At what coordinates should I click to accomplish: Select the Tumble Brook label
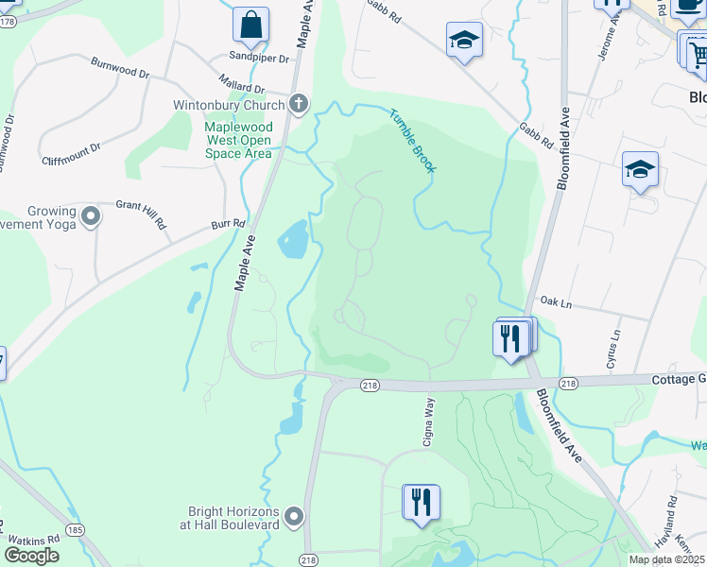412,140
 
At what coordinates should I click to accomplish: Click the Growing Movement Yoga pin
91,217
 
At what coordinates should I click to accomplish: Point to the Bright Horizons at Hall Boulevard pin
294,516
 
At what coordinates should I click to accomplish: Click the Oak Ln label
556,301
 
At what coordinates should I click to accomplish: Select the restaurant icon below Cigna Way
421,502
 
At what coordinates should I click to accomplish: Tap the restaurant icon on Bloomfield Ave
510,338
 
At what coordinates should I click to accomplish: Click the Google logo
31,556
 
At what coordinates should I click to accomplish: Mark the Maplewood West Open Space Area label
239,139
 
